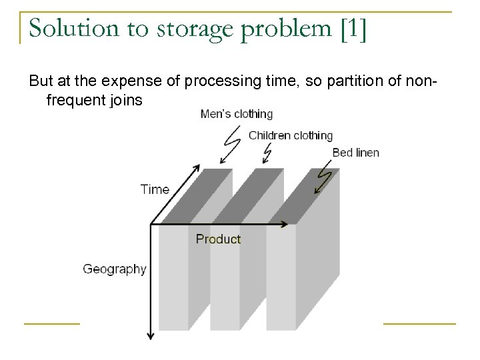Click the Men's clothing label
coord(236,114)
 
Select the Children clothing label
coord(290,135)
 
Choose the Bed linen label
coord(355,153)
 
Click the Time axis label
coord(155,189)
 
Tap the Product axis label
coord(218,239)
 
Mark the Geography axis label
coord(115,269)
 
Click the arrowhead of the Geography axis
coord(152,335)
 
